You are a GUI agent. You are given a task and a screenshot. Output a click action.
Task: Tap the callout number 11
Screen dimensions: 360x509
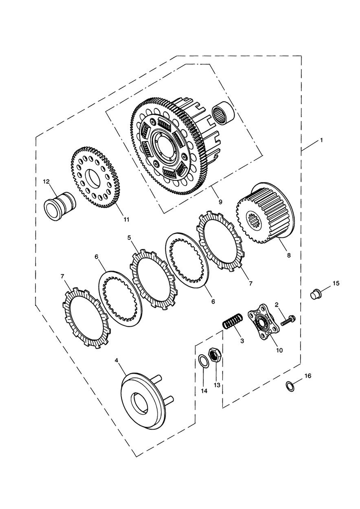click(126, 219)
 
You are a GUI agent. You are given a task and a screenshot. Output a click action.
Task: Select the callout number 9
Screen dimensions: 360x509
click(220, 202)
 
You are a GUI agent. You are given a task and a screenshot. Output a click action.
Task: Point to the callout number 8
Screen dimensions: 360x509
click(289, 255)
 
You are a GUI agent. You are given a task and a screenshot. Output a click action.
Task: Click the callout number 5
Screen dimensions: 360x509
click(129, 238)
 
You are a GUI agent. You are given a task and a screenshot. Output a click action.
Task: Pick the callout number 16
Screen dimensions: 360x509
click(308, 376)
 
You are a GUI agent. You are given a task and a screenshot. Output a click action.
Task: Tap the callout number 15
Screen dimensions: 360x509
click(336, 283)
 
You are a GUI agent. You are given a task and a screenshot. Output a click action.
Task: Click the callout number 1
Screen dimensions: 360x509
click(321, 140)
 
